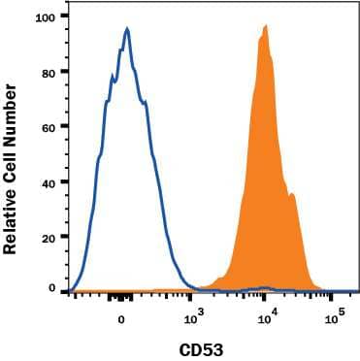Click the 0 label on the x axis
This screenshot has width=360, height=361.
pos(121,318)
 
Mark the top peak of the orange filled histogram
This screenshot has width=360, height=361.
pos(264,26)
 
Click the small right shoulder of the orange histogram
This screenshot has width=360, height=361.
pos(291,196)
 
